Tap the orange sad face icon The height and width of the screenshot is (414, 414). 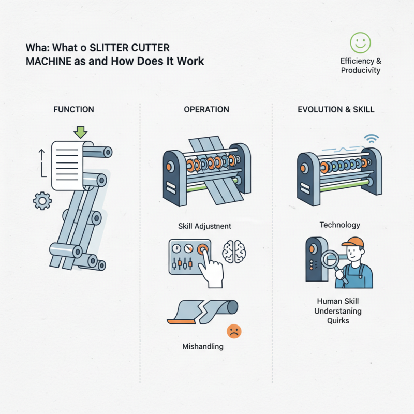click(234, 332)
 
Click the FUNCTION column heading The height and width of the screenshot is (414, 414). click(74, 109)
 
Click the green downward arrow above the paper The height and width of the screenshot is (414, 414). click(80, 131)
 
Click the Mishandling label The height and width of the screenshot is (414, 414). click(203, 346)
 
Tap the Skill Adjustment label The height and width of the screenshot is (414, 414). click(205, 226)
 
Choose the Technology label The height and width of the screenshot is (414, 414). click(339, 225)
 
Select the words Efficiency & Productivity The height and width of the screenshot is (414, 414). click(360, 65)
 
